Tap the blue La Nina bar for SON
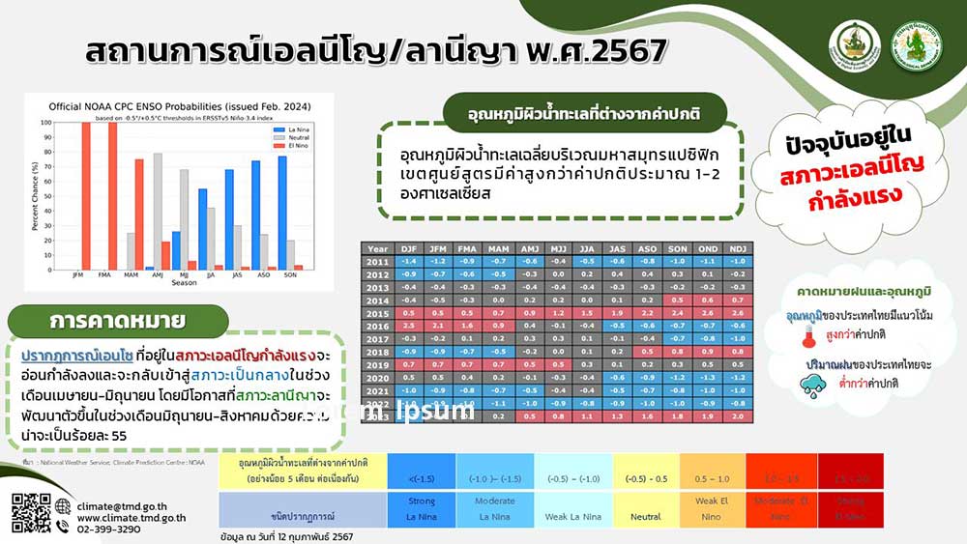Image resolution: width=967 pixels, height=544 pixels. pyautogui.click(x=282, y=213)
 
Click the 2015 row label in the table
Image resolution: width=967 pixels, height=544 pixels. pyautogui.click(x=377, y=312)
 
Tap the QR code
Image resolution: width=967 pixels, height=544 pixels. pyautogui.click(x=31, y=512)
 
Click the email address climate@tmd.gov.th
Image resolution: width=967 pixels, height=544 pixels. pyautogui.click(x=123, y=504)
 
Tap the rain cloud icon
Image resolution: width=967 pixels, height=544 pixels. pyautogui.click(x=810, y=385)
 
